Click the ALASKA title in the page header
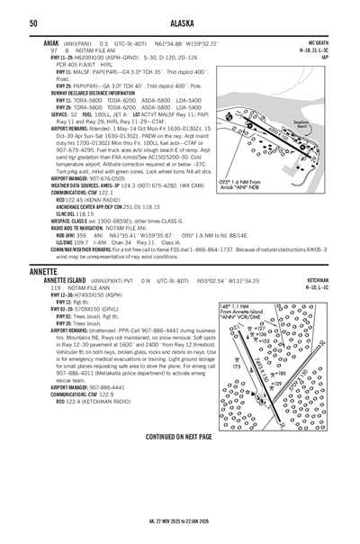[x=180, y=22]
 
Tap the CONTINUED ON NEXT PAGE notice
[x=179, y=436]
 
